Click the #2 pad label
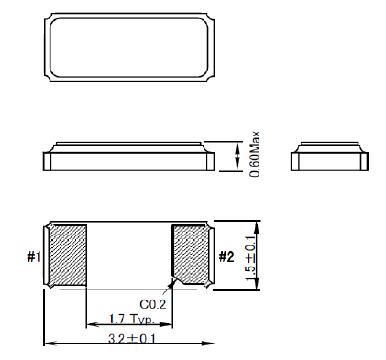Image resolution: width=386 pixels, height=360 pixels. [x=227, y=256]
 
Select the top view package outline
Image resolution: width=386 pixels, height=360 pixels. [x=129, y=49]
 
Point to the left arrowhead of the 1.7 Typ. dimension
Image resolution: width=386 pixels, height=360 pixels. [x=89, y=323]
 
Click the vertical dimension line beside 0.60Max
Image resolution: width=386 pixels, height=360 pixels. [x=240, y=156]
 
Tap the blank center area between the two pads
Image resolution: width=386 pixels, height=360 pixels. [x=129, y=256]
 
